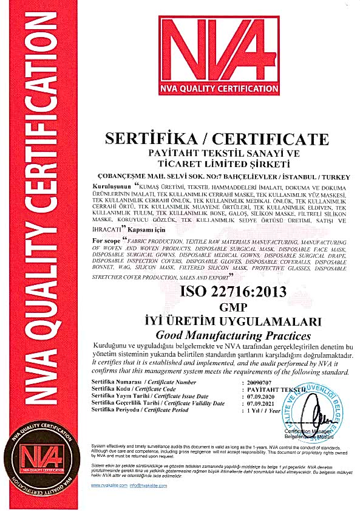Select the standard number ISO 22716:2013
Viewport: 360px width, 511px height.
point(233,291)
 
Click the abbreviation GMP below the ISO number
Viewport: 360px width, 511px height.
point(233,307)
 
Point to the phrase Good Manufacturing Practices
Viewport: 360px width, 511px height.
point(233,335)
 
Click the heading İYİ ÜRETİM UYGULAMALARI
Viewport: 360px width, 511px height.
point(233,321)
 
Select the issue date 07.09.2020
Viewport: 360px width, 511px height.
point(259,396)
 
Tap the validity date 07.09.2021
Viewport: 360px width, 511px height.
point(259,403)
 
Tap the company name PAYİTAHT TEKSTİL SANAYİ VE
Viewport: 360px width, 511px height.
point(217,153)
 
